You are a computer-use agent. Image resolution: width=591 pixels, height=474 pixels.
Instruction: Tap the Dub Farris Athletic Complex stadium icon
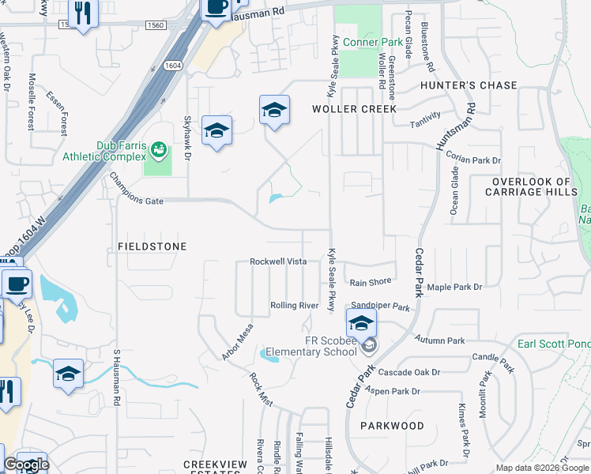[159, 149]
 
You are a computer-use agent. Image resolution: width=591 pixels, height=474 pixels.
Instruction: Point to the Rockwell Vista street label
[278, 261]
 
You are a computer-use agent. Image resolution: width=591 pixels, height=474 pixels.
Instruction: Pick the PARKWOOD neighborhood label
[392, 426]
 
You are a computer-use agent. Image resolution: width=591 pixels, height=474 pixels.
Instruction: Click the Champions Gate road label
[136, 201]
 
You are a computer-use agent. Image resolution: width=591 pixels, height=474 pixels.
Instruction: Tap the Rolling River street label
[294, 306]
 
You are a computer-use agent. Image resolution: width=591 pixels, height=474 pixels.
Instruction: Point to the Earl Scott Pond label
[553, 344]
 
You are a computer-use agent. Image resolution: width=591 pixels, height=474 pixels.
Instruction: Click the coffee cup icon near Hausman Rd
[216, 8]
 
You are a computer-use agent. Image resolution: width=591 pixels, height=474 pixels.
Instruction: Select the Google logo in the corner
[26, 465]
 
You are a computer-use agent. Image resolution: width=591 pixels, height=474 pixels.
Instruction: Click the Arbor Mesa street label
[238, 341]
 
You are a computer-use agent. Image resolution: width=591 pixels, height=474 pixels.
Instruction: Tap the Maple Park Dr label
[454, 288]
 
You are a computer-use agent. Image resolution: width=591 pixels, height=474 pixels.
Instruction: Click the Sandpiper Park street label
[381, 307]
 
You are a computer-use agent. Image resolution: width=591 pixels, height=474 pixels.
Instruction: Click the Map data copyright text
[542, 468]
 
